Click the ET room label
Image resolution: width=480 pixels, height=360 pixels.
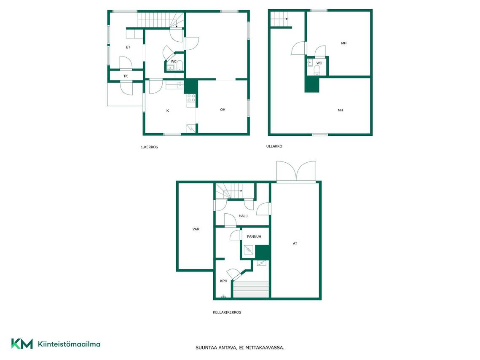[x=128, y=47]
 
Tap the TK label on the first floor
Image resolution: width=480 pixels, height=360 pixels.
[x=126, y=76]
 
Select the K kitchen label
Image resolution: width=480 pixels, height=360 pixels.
[x=167, y=110]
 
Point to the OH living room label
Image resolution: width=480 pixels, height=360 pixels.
[x=223, y=110]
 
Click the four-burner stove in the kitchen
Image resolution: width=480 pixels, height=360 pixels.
[x=191, y=98]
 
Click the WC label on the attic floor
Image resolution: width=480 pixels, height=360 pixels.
[x=319, y=63]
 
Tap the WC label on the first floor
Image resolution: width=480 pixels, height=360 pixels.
[x=174, y=62]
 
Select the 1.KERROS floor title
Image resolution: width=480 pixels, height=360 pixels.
[x=149, y=147]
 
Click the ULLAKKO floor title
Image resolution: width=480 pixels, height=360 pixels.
[x=274, y=146]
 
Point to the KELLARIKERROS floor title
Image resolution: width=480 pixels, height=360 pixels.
[x=227, y=312]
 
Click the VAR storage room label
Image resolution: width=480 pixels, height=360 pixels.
[x=196, y=229]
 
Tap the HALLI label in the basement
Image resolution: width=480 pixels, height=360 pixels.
[x=243, y=216]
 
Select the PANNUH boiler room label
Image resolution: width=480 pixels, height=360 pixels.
[x=254, y=236]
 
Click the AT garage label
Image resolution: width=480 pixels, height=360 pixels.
[x=295, y=243]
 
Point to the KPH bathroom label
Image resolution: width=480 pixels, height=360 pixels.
[x=224, y=281]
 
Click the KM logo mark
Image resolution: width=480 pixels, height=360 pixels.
[x=22, y=344]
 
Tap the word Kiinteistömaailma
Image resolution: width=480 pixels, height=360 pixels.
[x=69, y=344]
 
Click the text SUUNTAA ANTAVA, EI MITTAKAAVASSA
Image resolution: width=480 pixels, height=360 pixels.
[x=240, y=347]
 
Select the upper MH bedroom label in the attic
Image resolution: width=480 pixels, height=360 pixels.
[x=344, y=43]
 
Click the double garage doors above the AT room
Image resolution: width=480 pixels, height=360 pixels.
[x=296, y=172]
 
